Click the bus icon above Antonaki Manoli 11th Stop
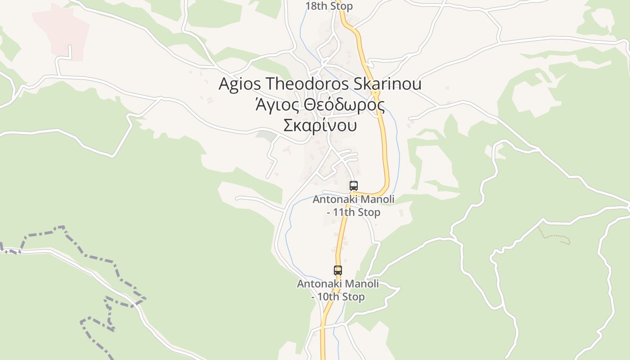[354, 185]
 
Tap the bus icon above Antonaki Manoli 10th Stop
[338, 270]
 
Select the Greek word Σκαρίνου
[320, 125]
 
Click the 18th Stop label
[329, 6]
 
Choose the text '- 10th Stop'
[338, 297]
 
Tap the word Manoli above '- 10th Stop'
[362, 284]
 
